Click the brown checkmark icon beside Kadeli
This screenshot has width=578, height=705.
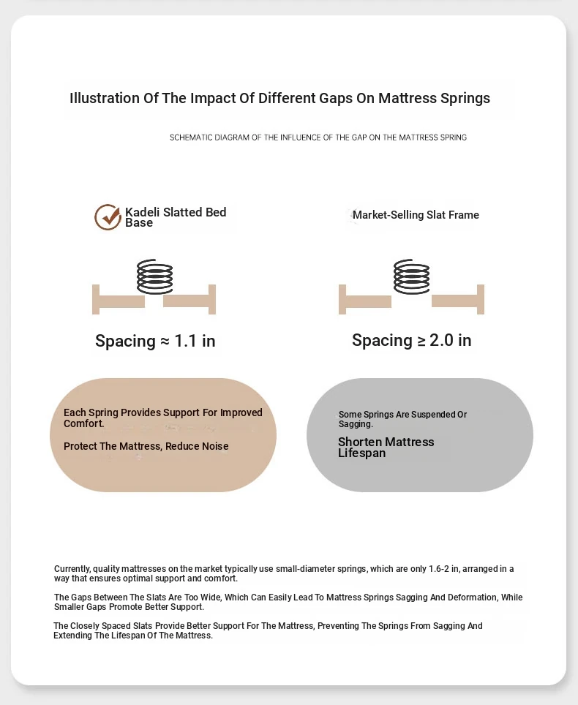(108, 217)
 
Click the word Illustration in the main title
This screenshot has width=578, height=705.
(104, 98)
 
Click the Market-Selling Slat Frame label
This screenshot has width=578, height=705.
(416, 215)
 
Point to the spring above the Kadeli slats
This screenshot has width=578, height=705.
(155, 276)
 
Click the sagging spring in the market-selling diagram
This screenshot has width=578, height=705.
(412, 276)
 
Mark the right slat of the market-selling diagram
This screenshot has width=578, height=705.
(455, 301)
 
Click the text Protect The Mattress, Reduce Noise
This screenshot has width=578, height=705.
(146, 446)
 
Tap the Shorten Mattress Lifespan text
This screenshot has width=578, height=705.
(386, 448)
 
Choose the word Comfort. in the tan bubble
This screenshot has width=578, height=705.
(83, 423)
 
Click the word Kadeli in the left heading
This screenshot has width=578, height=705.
(143, 212)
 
